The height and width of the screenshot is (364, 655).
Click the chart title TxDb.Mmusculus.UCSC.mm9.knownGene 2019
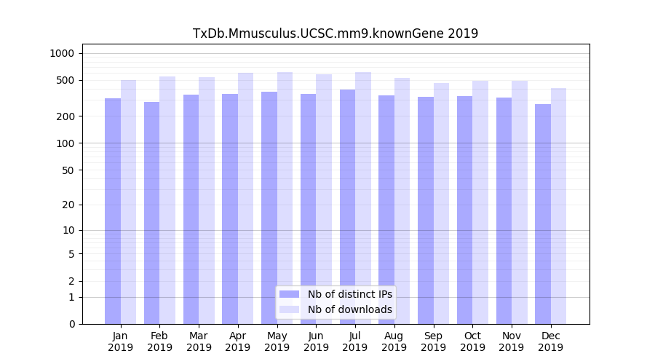tap(335, 33)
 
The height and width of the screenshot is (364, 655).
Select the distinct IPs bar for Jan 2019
tap(113, 211)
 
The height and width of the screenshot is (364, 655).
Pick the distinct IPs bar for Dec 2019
tap(543, 214)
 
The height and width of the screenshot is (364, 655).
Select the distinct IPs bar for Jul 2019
tap(348, 207)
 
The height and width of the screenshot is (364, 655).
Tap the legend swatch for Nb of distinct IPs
tap(290, 294)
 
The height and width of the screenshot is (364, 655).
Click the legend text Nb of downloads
tap(349, 309)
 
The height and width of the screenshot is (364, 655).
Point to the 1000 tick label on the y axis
tap(62, 53)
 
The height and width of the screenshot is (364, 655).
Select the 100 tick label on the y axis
tap(65, 143)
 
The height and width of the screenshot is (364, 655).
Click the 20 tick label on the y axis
tap(68, 205)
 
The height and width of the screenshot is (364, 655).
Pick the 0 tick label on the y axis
tap(71, 324)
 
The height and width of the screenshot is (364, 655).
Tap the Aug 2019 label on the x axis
tap(394, 341)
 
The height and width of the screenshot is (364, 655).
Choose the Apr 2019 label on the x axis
tap(238, 341)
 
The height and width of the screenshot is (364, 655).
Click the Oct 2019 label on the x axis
tap(472, 341)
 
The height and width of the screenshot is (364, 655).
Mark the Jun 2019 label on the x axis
tap(316, 341)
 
